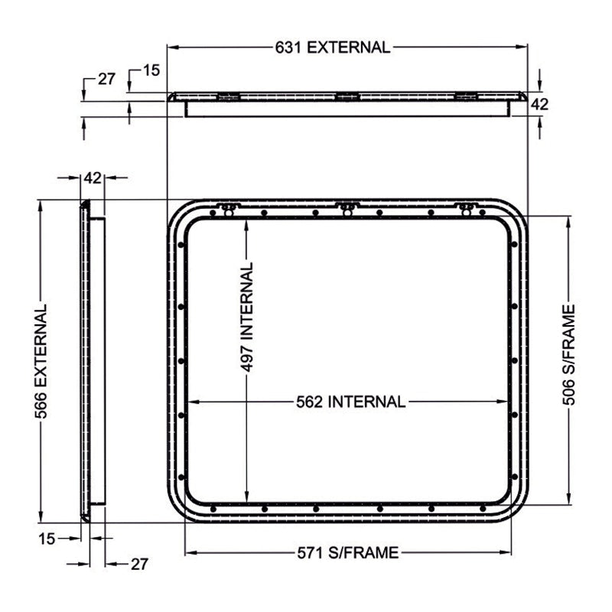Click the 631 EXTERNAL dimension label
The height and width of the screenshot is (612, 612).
click(333, 47)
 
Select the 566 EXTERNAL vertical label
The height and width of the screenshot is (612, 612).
click(41, 361)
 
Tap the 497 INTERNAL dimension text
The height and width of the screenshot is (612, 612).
click(246, 317)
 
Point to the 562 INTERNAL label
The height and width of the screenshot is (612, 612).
click(350, 402)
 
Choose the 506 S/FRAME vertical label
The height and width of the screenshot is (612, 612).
click(569, 355)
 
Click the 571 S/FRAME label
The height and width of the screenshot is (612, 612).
click(348, 552)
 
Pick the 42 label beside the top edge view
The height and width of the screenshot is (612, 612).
click(540, 105)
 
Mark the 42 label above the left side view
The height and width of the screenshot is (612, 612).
click(93, 178)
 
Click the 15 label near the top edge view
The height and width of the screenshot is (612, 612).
click(151, 70)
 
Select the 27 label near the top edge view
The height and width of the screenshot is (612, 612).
click(106, 80)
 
